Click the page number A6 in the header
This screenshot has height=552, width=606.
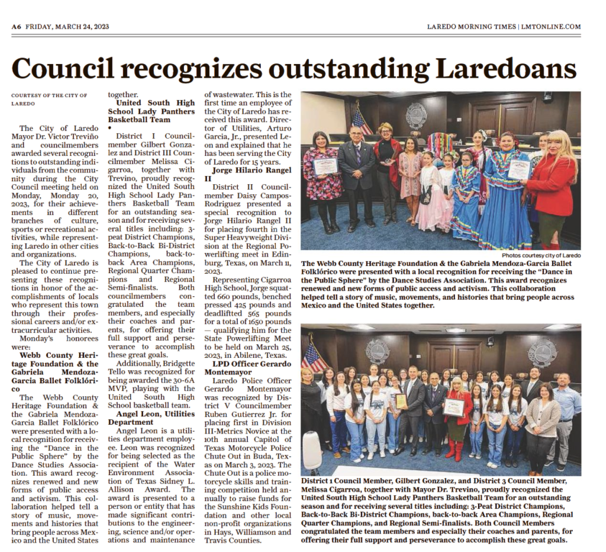17,27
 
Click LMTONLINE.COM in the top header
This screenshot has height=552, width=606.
550,27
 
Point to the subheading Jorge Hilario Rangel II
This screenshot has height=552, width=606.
248,174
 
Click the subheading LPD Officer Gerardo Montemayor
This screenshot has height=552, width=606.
248,367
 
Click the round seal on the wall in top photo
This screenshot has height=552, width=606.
416,115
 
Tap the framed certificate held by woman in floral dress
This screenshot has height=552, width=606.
324,166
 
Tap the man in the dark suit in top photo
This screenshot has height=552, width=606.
357,175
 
